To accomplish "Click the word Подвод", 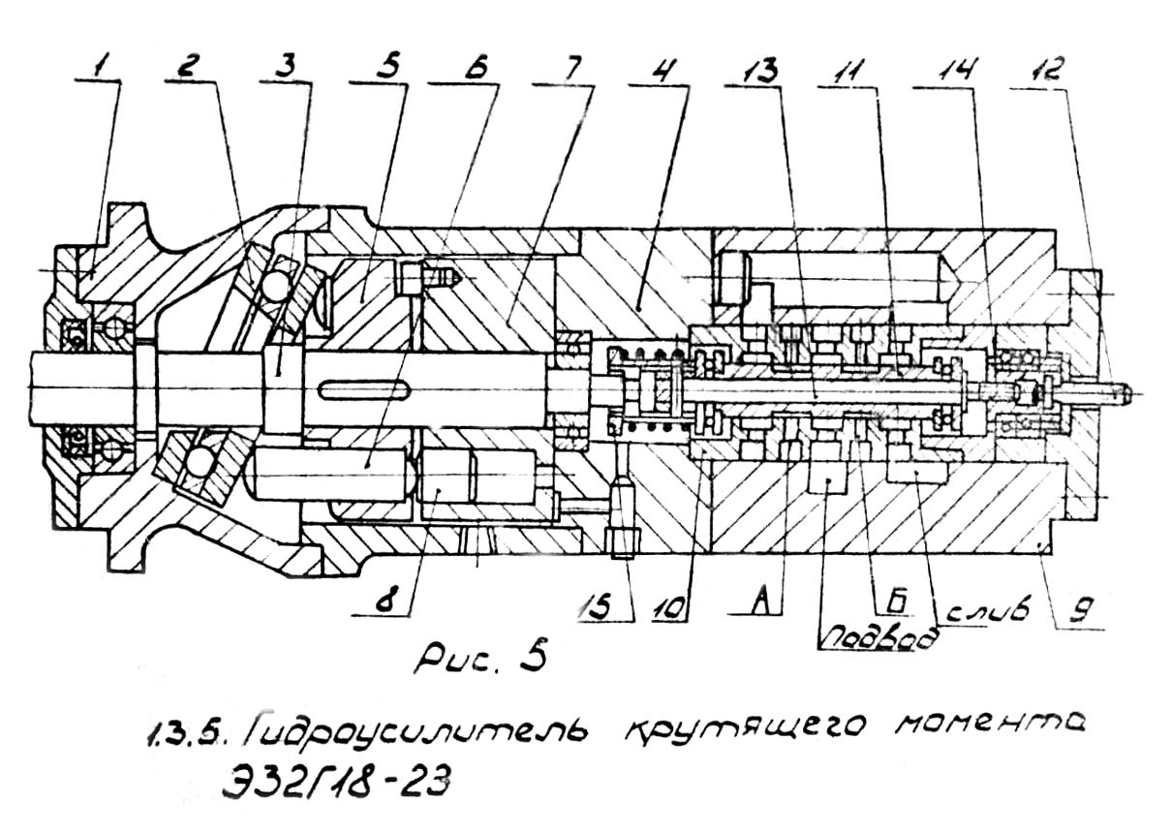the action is pyautogui.click(x=879, y=637).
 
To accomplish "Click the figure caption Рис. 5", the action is pyautogui.click(x=479, y=655).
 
